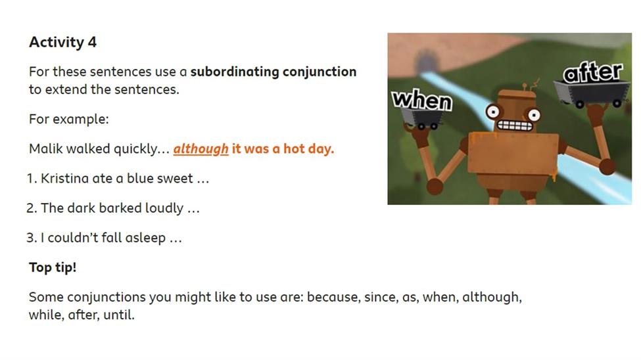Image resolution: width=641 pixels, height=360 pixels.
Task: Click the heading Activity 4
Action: [x=62, y=42]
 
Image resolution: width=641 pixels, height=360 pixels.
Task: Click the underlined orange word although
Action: [x=201, y=148]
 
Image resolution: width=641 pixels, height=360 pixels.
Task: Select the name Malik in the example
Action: [x=46, y=148]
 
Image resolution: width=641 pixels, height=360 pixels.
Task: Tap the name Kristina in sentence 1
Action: [x=65, y=178]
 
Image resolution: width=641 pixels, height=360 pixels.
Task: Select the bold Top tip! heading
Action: [x=53, y=267]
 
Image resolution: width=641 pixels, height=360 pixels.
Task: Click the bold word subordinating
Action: [x=235, y=72]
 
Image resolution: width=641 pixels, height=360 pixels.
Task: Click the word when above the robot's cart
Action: [x=422, y=99]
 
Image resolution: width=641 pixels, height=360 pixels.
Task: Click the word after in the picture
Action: [x=593, y=72]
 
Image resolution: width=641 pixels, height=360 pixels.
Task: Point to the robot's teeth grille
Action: [x=515, y=125]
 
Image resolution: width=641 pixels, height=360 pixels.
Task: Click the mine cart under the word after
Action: [x=591, y=94]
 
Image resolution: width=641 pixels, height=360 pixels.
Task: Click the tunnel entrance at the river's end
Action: [x=427, y=61]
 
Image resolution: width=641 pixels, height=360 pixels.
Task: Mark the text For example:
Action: [x=68, y=119]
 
